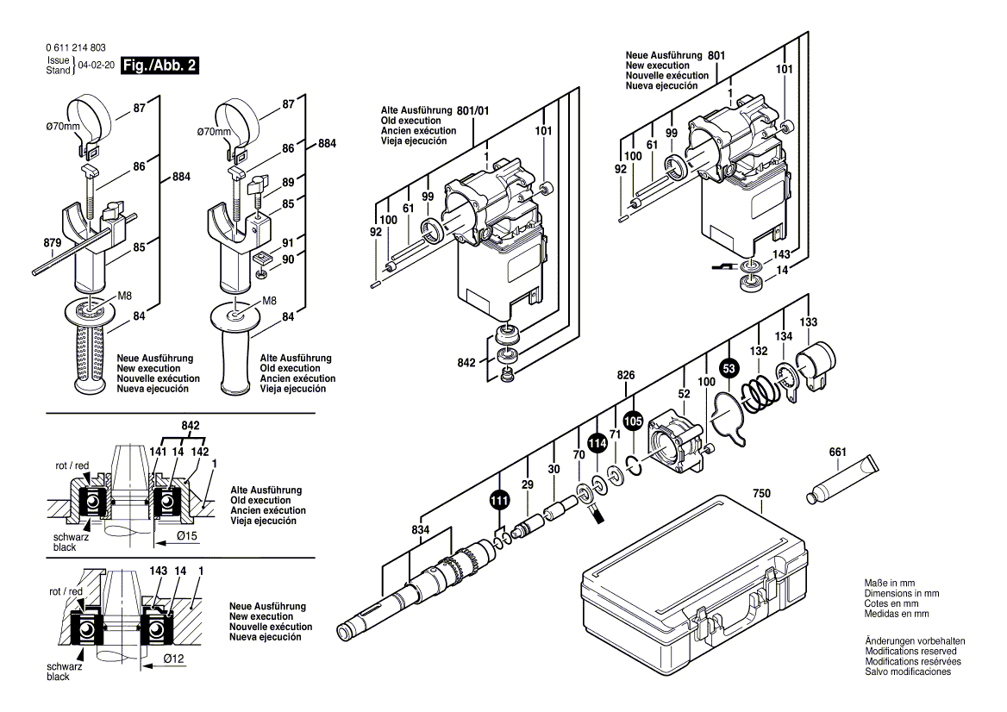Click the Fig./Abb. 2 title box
[161, 66]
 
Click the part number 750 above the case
[761, 494]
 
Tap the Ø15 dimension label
[188, 536]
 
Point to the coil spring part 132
[759, 395]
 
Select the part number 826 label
[626, 375]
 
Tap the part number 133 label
[808, 321]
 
